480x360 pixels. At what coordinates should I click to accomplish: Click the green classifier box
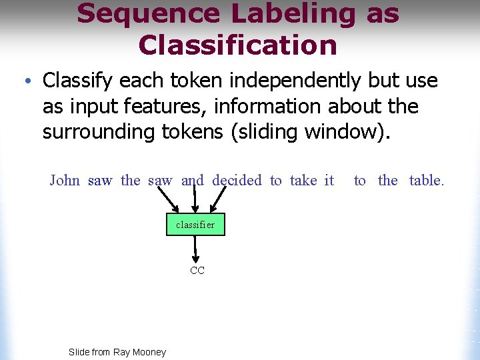pyautogui.click(x=195, y=225)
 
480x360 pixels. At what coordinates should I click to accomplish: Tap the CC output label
pyautogui.click(x=197, y=271)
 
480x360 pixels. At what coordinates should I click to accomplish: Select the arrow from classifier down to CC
pyautogui.click(x=195, y=250)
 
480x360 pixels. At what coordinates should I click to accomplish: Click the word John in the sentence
pyautogui.click(x=65, y=180)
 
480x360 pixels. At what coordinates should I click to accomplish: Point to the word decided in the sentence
pyautogui.click(x=237, y=180)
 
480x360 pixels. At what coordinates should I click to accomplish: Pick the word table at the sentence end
pyautogui.click(x=426, y=180)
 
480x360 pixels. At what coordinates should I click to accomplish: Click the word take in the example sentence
pyautogui.click(x=303, y=180)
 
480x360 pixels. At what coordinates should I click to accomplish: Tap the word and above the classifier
pyautogui.click(x=193, y=180)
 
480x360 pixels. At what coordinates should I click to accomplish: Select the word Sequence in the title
pyautogui.click(x=149, y=14)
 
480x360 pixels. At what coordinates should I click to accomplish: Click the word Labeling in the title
pyautogui.click(x=295, y=14)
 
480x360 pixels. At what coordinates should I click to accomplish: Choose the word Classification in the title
pyautogui.click(x=237, y=45)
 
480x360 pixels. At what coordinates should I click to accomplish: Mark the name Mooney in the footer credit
pyautogui.click(x=149, y=352)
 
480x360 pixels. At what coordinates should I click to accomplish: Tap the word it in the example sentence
pyautogui.click(x=329, y=180)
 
